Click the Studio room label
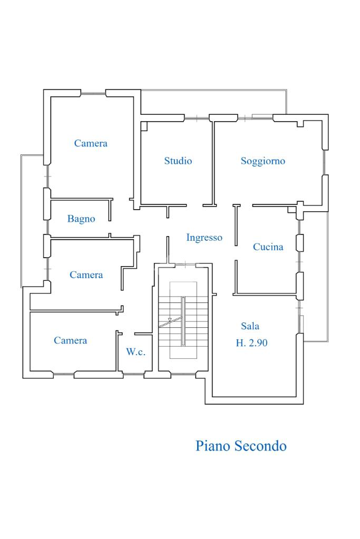(178, 161)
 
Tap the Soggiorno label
(262, 161)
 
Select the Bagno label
(81, 219)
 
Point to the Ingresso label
(204, 238)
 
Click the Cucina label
(268, 247)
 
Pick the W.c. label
(135, 352)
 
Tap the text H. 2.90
(251, 343)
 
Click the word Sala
(250, 326)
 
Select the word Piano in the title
(213, 446)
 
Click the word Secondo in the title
(260, 446)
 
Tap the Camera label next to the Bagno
(86, 275)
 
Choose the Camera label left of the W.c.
(70, 340)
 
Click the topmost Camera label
(91, 143)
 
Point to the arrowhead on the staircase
(169, 319)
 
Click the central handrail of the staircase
(183, 321)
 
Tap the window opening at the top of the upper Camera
(93, 93)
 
